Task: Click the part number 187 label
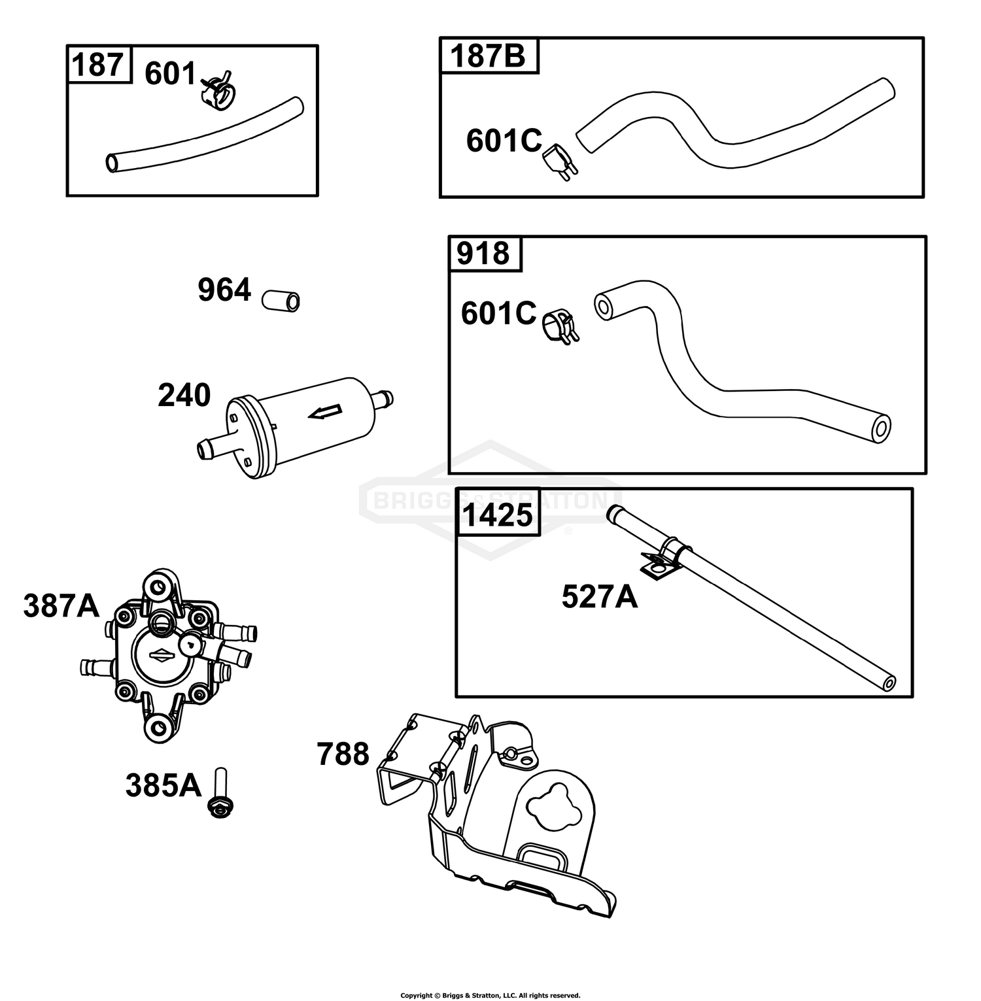(x=97, y=65)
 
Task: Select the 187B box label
(x=488, y=56)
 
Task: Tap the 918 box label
(x=484, y=254)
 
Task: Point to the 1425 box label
(x=498, y=515)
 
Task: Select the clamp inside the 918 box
(x=560, y=326)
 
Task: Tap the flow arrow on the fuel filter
(x=325, y=411)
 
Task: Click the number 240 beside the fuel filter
(x=184, y=396)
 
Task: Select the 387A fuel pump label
(x=61, y=606)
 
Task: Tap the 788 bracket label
(x=343, y=754)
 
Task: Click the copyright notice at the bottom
(x=490, y=995)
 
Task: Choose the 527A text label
(x=600, y=597)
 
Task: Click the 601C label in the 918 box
(x=499, y=313)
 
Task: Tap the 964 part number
(x=224, y=290)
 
